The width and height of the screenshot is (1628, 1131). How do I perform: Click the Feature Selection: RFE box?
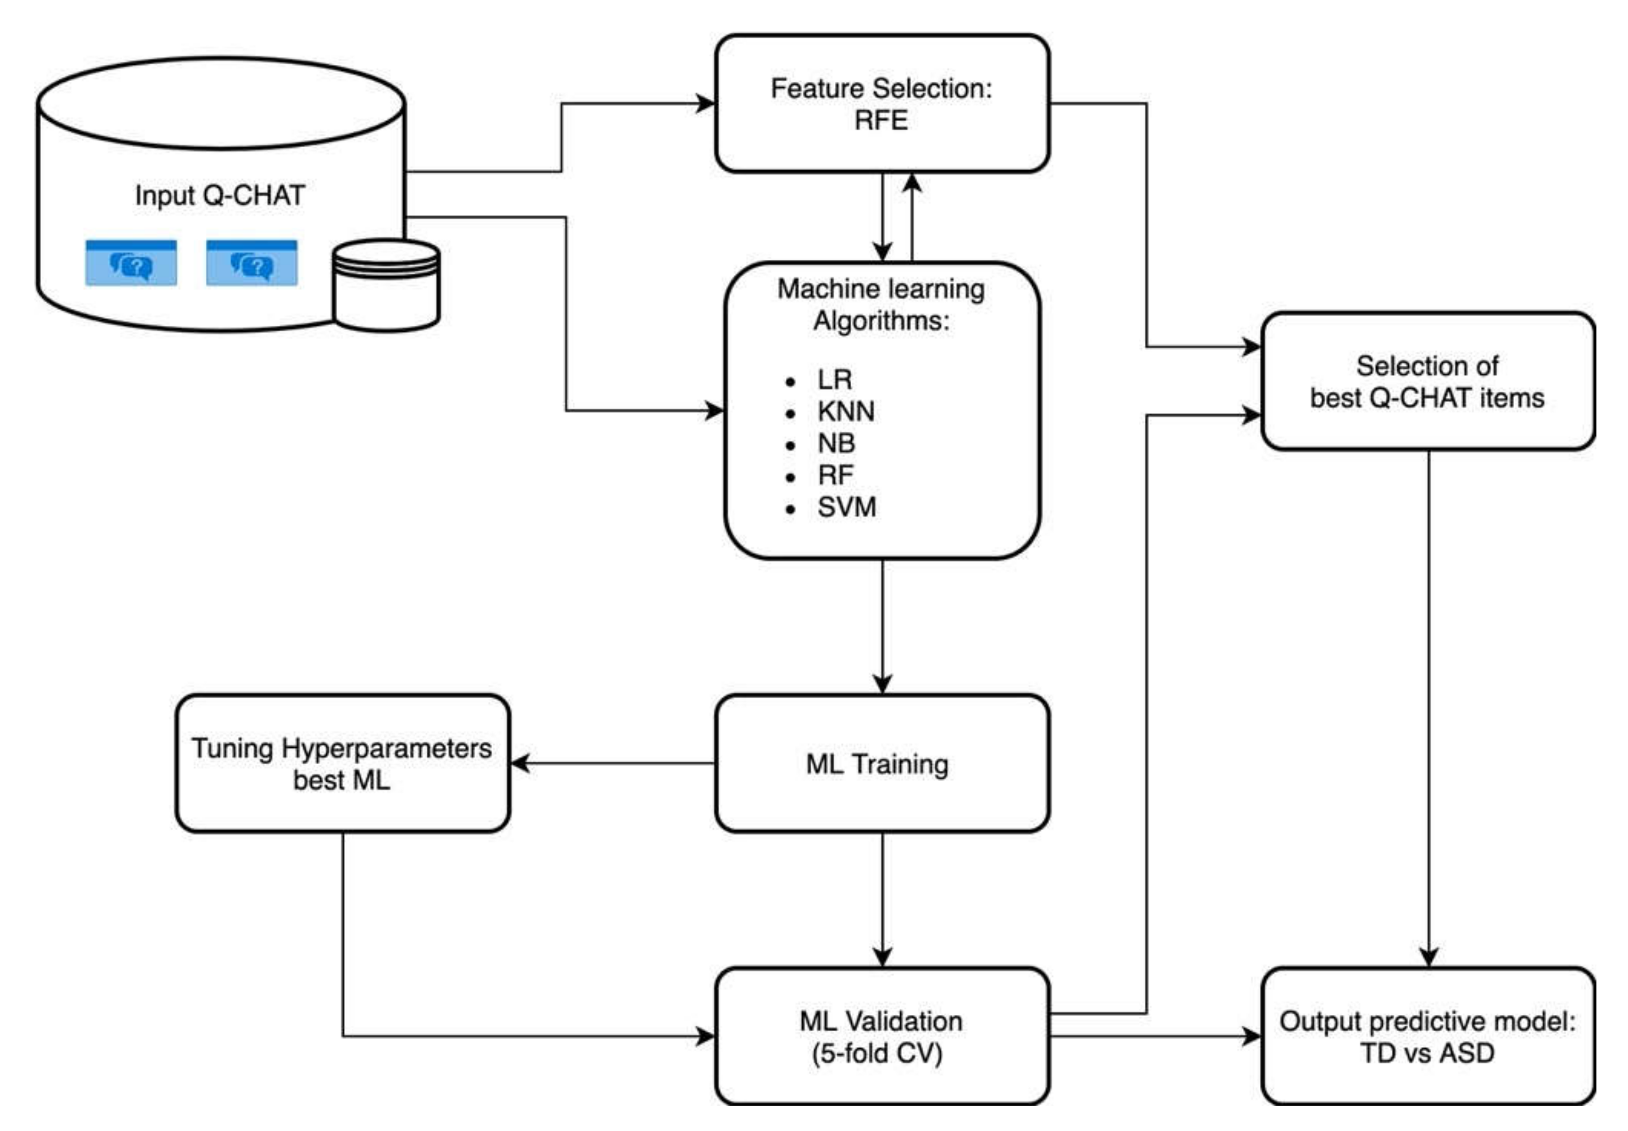click(x=881, y=104)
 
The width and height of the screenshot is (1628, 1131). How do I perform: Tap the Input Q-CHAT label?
click(x=220, y=195)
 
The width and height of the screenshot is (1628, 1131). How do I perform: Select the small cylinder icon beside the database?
click(x=386, y=285)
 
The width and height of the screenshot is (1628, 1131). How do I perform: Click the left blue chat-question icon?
click(x=131, y=263)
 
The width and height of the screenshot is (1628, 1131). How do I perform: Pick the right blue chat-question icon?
click(x=251, y=263)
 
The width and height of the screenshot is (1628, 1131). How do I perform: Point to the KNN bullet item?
click(x=845, y=411)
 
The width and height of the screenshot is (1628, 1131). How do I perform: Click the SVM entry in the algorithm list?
click(x=846, y=507)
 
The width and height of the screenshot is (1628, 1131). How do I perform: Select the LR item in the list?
click(x=834, y=380)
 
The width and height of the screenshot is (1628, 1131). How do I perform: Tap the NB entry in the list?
click(x=837, y=443)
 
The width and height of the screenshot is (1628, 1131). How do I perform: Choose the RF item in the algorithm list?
click(x=835, y=475)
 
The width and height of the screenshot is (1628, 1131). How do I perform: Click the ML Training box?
click(x=881, y=763)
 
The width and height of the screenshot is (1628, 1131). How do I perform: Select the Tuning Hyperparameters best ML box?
click(x=342, y=763)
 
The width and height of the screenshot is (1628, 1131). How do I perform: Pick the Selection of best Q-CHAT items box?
click(x=1427, y=382)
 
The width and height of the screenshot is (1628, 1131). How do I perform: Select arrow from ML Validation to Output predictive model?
click(x=1155, y=1037)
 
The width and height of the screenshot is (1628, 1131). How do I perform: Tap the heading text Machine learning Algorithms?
click(x=881, y=305)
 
